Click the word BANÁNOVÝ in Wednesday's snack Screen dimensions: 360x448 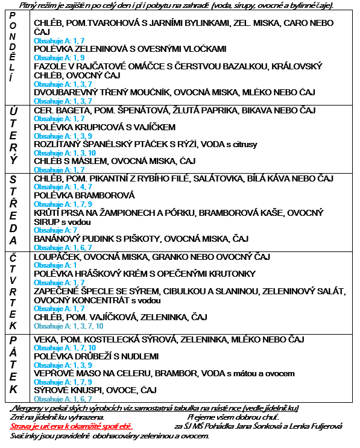pos(57,239)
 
